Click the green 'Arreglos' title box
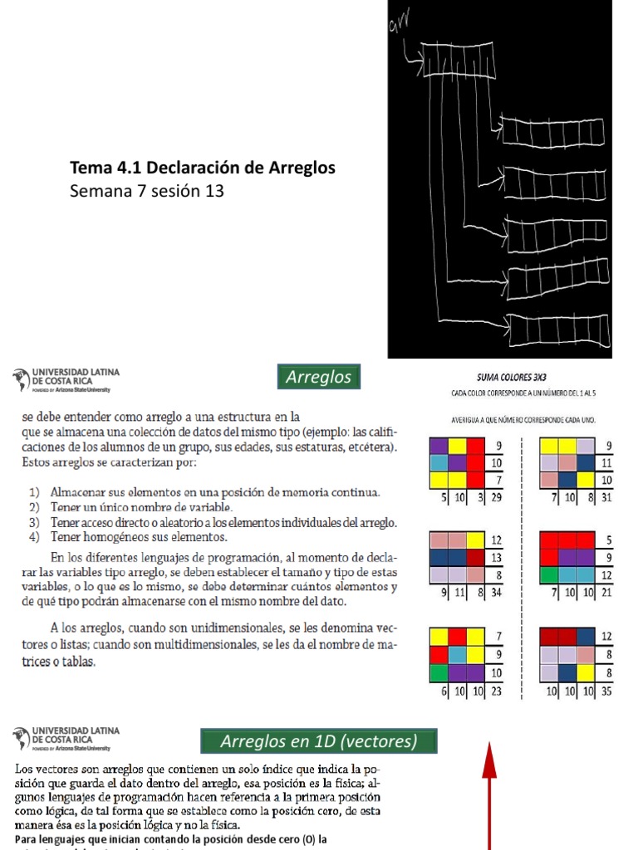318,377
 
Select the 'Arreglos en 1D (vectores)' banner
319,740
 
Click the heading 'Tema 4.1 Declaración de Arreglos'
204,168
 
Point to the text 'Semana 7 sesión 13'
148,191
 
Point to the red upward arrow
489,797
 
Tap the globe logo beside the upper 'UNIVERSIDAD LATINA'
21,380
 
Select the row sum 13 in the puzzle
497,557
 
